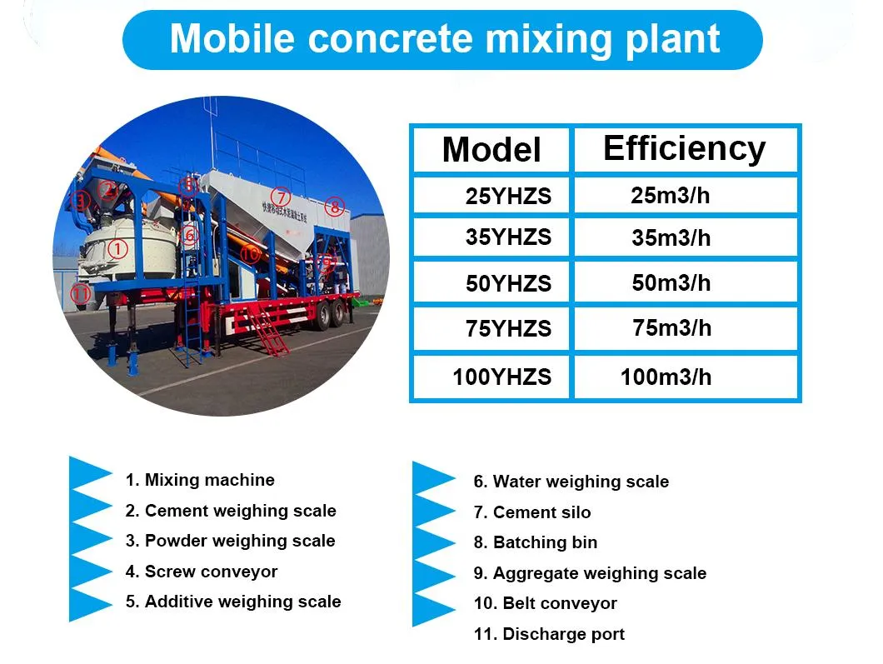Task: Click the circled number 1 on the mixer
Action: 118,247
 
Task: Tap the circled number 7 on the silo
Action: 282,197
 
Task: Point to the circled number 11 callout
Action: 80,293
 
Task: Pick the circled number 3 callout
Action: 81,201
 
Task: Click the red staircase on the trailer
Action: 268,332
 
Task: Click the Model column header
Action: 491,150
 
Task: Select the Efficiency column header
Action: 684,148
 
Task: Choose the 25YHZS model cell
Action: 507,197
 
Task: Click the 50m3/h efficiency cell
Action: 671,282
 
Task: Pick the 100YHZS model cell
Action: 501,377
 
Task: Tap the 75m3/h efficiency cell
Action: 671,328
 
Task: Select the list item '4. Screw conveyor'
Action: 201,572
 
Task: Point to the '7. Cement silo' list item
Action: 531,512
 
